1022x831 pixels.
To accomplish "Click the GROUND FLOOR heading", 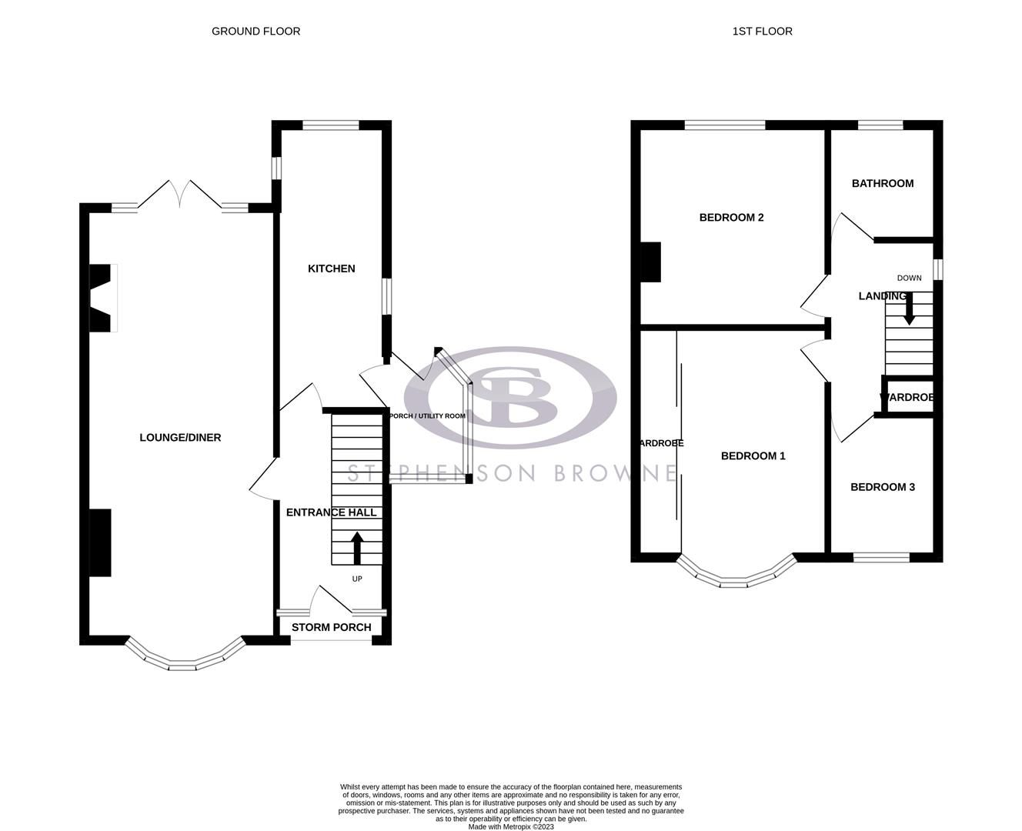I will coord(255,32).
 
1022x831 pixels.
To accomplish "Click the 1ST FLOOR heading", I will coord(762,32).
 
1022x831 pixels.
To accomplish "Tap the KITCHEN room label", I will coord(331,269).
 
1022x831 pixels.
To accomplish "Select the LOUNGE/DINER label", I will coord(180,438).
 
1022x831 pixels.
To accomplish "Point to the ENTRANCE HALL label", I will coord(331,512).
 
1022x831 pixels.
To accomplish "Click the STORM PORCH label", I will coord(331,627).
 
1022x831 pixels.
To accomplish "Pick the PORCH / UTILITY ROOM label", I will coord(428,416).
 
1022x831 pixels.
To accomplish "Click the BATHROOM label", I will coord(882,183).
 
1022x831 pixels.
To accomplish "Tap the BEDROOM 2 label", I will coord(731,218).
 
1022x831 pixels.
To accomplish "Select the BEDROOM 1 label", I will coord(753,456).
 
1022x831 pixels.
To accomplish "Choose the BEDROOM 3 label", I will coord(882,487).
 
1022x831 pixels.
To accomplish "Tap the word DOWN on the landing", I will coord(909,278).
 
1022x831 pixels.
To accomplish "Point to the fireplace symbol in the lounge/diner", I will coord(103,299).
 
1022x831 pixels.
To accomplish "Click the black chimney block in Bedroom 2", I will coord(650,262).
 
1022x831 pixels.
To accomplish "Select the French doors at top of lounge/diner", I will coord(180,194).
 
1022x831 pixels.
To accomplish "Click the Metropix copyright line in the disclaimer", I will coord(511,827).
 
